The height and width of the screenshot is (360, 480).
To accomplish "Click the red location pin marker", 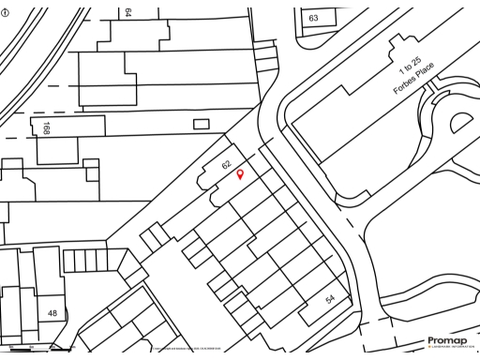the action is point(239,174).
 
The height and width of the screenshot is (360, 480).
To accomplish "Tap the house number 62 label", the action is point(226,164).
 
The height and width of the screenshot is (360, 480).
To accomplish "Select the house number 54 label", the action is point(330,298).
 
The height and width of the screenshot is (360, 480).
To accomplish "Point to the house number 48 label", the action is point(52,313).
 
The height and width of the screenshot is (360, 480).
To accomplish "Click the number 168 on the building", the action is point(45,128).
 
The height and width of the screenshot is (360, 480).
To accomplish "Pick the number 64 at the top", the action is point(127,12).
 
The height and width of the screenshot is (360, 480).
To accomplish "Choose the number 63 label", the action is point(314,18).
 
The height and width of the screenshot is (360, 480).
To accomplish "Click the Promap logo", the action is point(446,340).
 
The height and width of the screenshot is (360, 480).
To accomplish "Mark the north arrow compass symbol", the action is point(7,12).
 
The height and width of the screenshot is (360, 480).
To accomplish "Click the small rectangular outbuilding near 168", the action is point(201,124).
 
